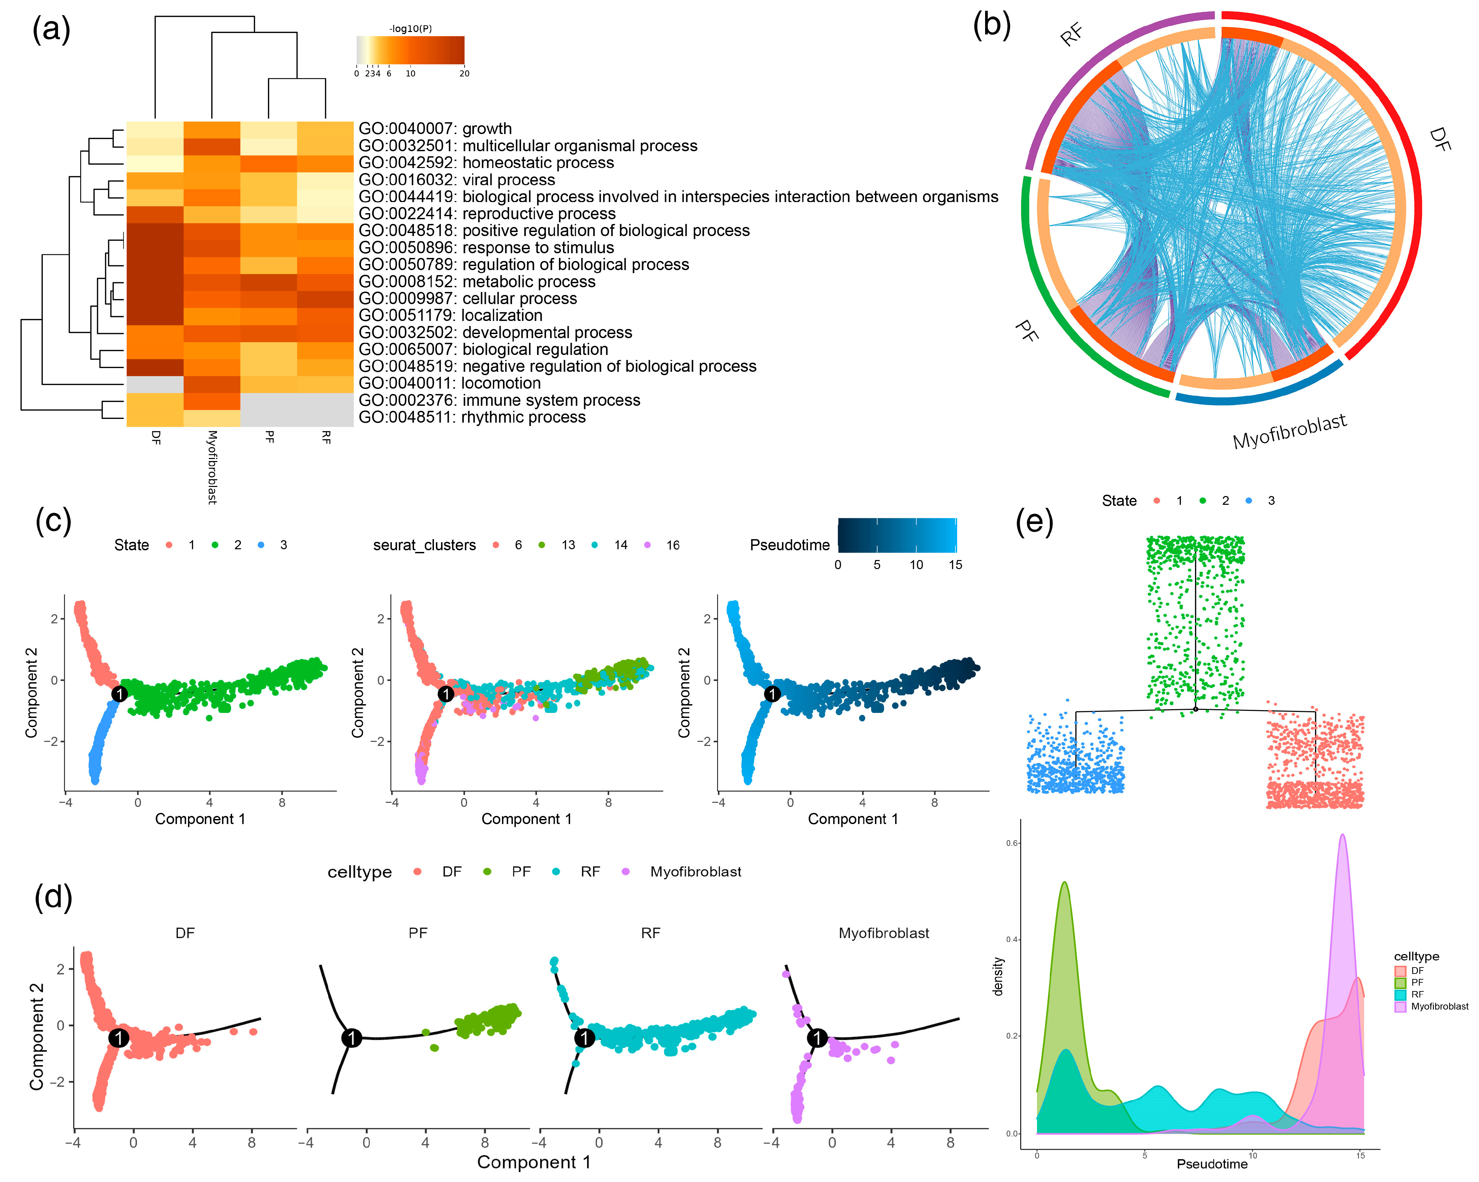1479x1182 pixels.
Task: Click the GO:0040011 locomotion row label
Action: (x=449, y=383)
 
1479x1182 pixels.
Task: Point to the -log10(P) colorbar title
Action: (x=410, y=29)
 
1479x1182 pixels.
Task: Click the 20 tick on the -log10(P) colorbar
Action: (x=464, y=73)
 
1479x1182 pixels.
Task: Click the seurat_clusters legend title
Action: (x=424, y=545)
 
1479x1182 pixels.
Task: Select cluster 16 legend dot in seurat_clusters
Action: (x=648, y=545)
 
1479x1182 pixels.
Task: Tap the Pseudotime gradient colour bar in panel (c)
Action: (x=897, y=535)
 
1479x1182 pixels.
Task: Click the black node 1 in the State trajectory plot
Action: (x=119, y=694)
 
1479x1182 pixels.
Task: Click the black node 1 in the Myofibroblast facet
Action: (x=817, y=1038)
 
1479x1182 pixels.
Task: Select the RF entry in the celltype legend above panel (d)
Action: (x=590, y=872)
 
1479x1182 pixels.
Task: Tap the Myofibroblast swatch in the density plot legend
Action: (x=1401, y=1007)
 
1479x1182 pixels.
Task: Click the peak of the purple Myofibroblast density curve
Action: (x=1343, y=835)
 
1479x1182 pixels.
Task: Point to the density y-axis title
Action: (x=998, y=976)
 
